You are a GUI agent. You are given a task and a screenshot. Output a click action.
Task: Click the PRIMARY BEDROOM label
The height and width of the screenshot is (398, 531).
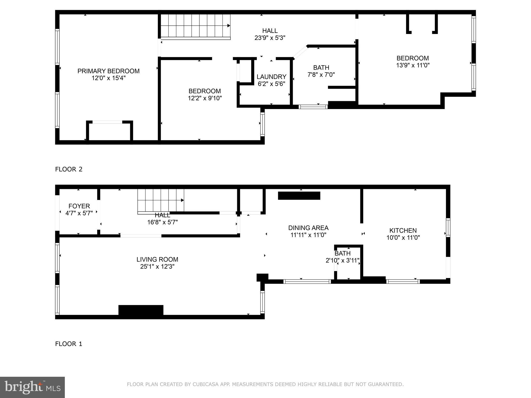pyautogui.click(x=108, y=71)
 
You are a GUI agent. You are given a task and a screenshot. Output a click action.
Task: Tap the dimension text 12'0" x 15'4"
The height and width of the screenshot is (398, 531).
pyautogui.click(x=108, y=78)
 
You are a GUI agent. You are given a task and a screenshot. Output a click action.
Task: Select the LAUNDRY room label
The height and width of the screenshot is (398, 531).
pyautogui.click(x=271, y=77)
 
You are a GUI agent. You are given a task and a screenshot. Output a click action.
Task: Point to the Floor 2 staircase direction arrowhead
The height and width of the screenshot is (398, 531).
pyautogui.click(x=229, y=26)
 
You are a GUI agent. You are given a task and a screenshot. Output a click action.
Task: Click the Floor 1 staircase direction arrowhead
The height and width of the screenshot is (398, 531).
pyautogui.click(x=183, y=200)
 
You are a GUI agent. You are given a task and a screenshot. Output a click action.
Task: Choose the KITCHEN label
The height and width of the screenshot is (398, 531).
pyautogui.click(x=403, y=230)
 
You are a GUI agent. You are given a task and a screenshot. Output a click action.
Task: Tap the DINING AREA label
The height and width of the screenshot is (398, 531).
pyautogui.click(x=308, y=228)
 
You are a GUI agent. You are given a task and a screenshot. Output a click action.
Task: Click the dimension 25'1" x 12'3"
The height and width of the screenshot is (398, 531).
pyautogui.click(x=157, y=266)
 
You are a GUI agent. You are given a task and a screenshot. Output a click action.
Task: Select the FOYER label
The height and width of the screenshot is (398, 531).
pyautogui.click(x=79, y=206)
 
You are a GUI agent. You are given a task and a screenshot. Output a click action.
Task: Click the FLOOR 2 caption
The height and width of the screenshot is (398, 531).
pyautogui.click(x=69, y=169)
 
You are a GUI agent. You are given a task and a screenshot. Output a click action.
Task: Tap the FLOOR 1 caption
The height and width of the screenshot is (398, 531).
pyautogui.click(x=69, y=344)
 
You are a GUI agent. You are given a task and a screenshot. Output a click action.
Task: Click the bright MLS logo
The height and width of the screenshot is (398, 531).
pyautogui.click(x=32, y=387)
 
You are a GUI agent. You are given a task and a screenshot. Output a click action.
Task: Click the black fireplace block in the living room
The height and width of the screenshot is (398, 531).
pyautogui.click(x=141, y=310)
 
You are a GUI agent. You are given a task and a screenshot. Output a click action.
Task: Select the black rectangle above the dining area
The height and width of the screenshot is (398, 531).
pyautogui.click(x=299, y=196)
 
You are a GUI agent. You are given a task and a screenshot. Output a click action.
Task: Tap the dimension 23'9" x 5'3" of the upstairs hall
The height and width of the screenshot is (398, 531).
pyautogui.click(x=270, y=38)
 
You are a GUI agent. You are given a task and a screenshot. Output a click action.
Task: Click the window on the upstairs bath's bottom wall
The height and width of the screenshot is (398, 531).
pyautogui.click(x=313, y=106)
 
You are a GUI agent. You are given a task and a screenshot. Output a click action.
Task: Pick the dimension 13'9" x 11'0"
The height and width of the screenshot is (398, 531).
pyautogui.click(x=413, y=65)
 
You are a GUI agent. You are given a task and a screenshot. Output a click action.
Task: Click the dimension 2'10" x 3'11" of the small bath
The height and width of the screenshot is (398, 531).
pyautogui.click(x=343, y=260)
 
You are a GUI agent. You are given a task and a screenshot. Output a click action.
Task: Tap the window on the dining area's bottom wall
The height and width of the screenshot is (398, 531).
pyautogui.click(x=307, y=281)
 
